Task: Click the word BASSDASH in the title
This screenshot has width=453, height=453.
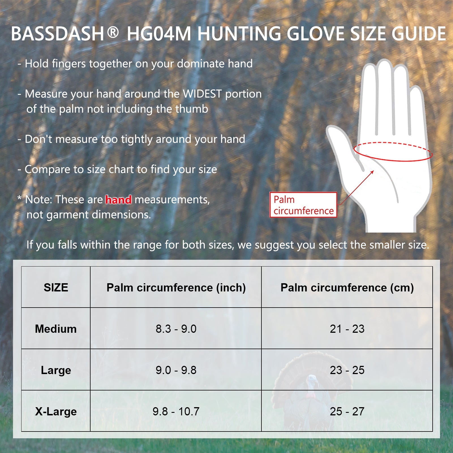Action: [57, 34]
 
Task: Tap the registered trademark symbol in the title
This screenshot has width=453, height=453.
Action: [113, 32]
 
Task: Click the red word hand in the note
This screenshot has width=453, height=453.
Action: [118, 200]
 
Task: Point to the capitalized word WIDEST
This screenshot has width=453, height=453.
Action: [202, 94]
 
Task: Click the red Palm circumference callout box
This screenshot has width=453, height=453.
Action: [303, 205]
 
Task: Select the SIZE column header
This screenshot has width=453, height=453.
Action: [56, 287]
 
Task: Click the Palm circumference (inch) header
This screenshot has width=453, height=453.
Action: [176, 288]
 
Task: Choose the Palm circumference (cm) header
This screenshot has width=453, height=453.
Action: [347, 288]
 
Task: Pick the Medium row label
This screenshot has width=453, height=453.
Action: [56, 329]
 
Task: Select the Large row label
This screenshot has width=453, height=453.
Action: [56, 370]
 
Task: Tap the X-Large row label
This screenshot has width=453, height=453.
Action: [56, 412]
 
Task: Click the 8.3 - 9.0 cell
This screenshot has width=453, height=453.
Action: [176, 329]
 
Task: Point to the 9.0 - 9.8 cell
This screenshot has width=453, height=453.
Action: [176, 370]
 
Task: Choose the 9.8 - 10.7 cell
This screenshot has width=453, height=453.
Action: [176, 411]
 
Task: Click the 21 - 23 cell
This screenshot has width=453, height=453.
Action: [347, 329]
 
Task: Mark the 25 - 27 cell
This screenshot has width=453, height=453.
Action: [347, 411]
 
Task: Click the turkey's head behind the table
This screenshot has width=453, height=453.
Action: [312, 382]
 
